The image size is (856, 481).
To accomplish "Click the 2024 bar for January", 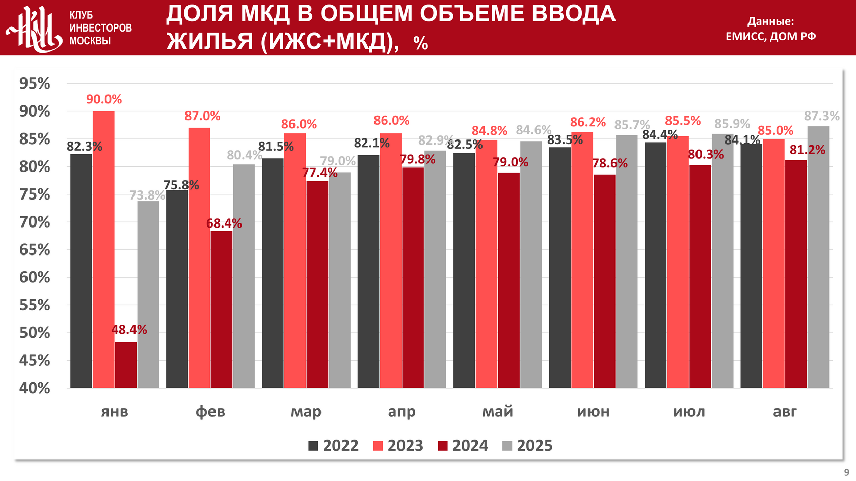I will click(126, 364).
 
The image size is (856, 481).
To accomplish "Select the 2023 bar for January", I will click(103, 249).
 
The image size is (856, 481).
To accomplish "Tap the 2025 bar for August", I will click(818, 257).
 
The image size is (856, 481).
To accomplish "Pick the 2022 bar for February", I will click(177, 289).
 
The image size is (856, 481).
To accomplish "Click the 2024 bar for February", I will click(222, 309).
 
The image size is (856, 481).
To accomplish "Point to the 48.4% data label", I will click(129, 330).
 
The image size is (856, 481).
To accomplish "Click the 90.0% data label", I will click(104, 99).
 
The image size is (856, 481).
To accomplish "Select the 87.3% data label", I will click(821, 116).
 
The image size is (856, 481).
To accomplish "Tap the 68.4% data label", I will click(224, 223).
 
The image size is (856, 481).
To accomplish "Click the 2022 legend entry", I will click(334, 446).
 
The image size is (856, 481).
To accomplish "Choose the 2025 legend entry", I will click(527, 446).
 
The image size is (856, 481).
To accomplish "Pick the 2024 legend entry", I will click(463, 446).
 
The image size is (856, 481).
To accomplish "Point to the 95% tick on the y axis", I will click(35, 83).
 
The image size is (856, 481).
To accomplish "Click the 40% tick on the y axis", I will click(35, 388).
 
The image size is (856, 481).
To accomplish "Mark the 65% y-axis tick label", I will click(35, 250).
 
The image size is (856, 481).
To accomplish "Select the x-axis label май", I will click(497, 411).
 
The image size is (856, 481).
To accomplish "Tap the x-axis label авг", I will click(785, 411).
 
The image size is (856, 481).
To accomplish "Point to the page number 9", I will click(846, 472).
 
